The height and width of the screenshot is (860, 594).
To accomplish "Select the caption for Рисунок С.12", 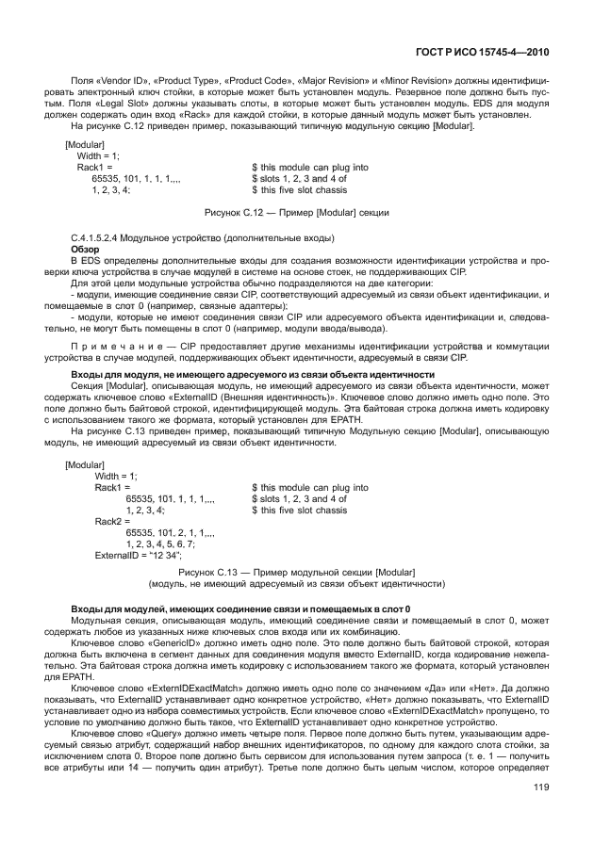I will coord(297,214).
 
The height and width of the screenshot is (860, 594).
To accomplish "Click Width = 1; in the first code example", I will coord(99,155).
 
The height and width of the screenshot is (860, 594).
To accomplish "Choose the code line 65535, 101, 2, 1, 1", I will coord(171,532).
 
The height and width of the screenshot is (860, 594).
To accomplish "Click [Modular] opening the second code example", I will coord(85,464).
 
